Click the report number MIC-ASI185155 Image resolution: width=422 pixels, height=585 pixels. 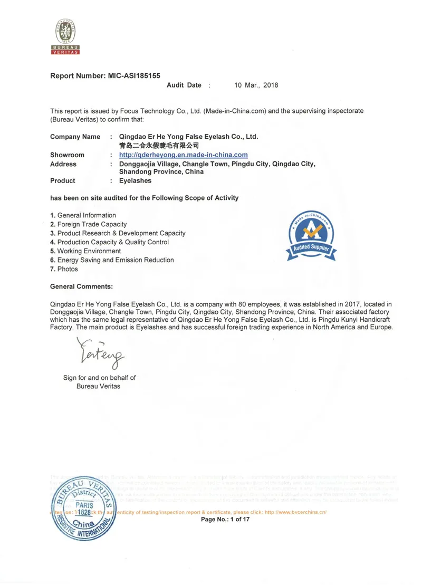pyautogui.click(x=134, y=76)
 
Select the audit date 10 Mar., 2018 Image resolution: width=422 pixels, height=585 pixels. pyautogui.click(x=256, y=85)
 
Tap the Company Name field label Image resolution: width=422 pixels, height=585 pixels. pyautogui.click(x=75, y=137)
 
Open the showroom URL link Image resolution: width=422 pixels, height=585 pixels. pyautogui.click(x=183, y=155)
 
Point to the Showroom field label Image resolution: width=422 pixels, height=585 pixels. pyautogui.click(x=67, y=155)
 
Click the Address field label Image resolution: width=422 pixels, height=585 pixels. pyautogui.click(x=63, y=164)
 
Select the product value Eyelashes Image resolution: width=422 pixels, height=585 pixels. pyautogui.click(x=135, y=180)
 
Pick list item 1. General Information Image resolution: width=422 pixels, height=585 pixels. pyautogui.click(x=83, y=215)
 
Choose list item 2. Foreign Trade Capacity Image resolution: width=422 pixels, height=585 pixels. pyautogui.click(x=88, y=224)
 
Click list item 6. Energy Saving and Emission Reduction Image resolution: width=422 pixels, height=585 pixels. pyautogui.click(x=112, y=260)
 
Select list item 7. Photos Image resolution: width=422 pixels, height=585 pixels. pyautogui.click(x=64, y=269)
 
